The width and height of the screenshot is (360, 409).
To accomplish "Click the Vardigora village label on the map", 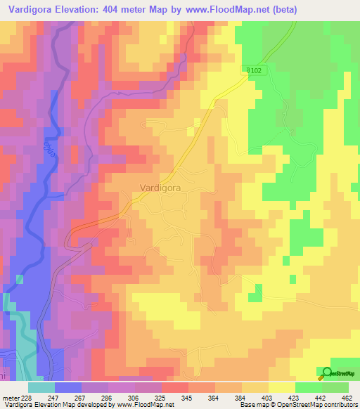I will (162, 188).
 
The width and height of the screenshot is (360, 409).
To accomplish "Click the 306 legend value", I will (134, 398).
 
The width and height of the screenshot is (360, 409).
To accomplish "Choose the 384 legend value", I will (241, 398).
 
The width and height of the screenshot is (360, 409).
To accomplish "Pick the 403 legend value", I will (268, 398).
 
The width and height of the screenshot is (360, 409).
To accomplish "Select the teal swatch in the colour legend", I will (41, 387).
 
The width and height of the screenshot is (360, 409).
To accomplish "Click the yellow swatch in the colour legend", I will (281, 387).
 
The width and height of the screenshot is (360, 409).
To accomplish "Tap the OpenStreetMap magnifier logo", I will (326, 372).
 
